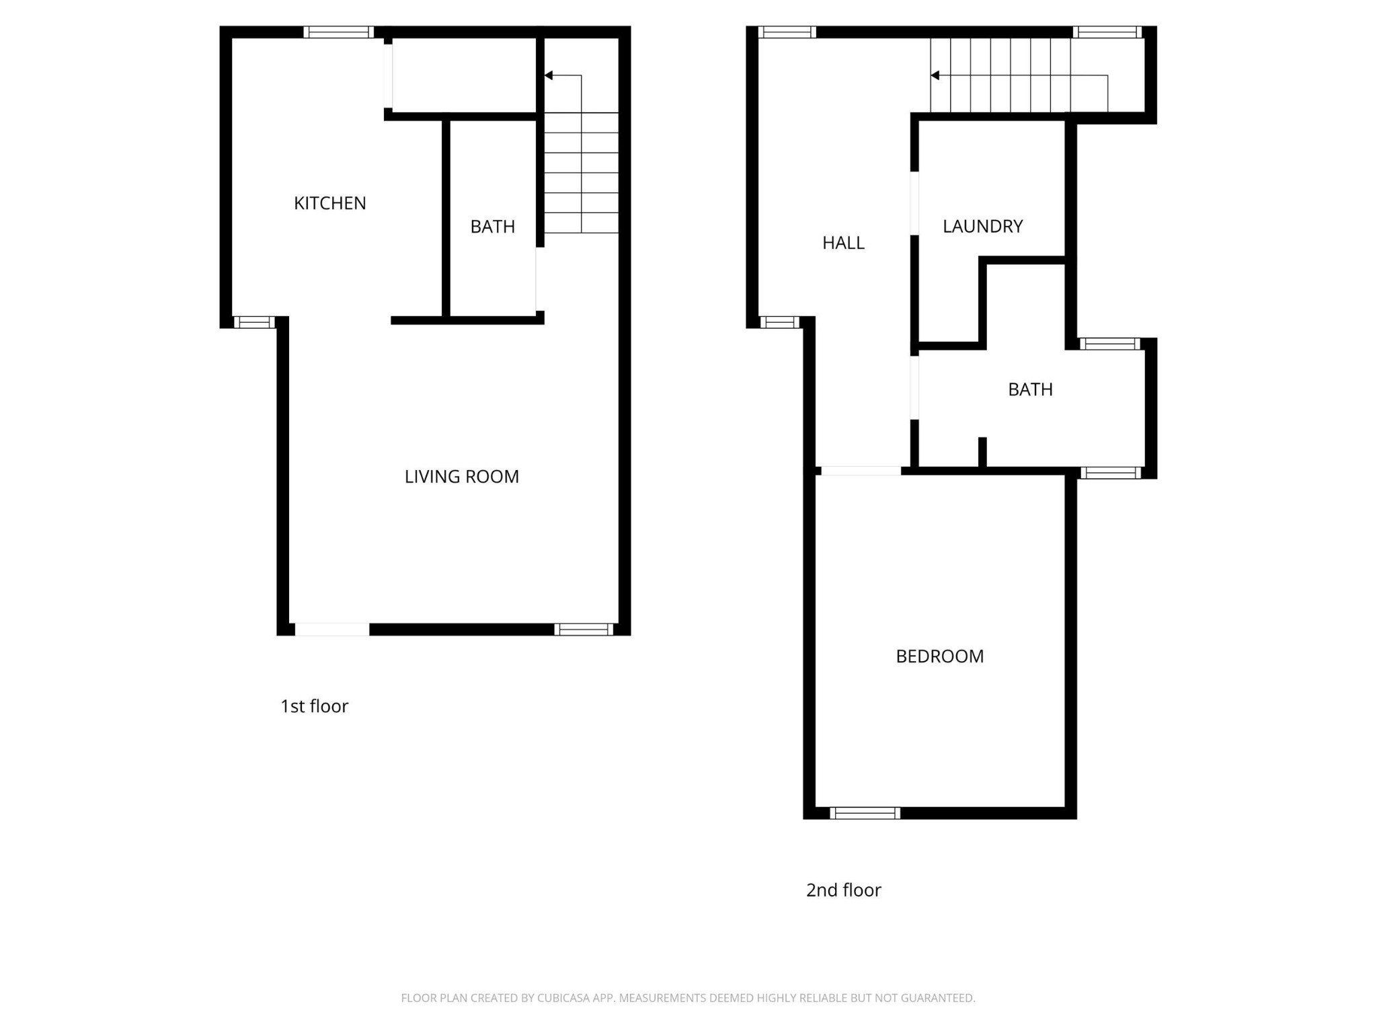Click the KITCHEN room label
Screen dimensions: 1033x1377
329,203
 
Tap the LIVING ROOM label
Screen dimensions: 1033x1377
461,477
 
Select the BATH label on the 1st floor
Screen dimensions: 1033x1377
492,227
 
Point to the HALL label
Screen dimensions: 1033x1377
843,243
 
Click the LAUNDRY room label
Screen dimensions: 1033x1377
982,226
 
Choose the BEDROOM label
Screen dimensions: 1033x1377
939,656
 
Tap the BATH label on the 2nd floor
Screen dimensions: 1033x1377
1030,389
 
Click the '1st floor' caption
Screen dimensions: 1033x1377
314,706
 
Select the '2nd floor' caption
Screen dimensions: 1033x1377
843,890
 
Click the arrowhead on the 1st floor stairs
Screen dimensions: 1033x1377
549,75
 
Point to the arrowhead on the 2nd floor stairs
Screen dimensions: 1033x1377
935,75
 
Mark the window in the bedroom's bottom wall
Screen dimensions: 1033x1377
865,813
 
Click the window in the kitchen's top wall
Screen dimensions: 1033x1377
338,32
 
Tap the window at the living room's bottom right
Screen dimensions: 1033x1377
584,629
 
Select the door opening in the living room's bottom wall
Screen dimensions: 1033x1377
332,629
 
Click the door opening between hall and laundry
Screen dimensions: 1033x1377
914,203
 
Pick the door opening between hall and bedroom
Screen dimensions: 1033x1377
861,471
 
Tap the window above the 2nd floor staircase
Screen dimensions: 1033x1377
1107,32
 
